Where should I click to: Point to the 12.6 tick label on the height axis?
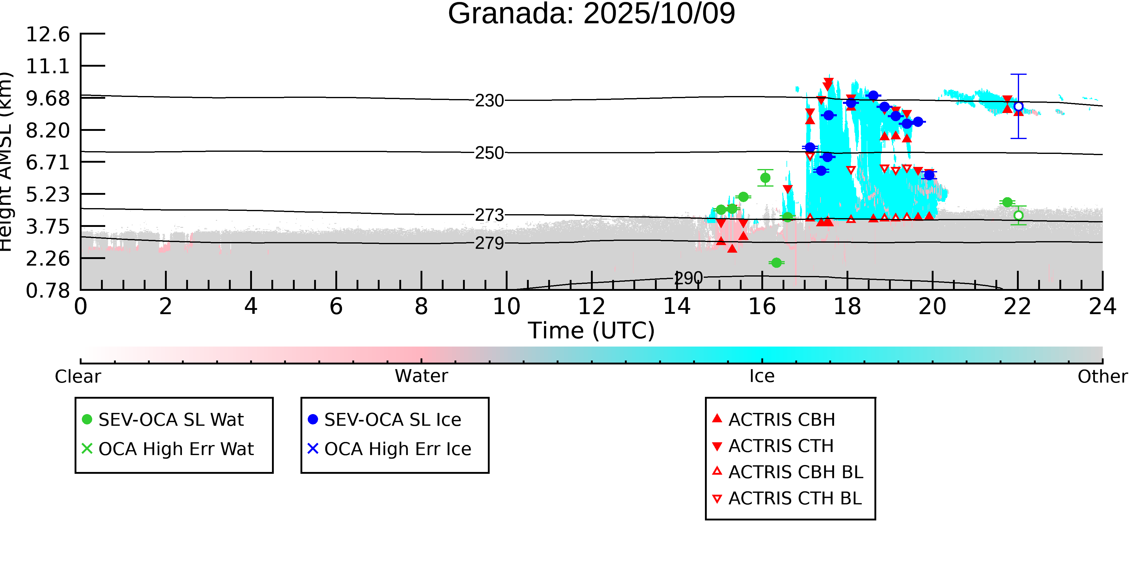pos(48,35)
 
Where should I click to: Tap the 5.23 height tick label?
pos(48,194)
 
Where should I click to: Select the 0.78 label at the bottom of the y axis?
pos(48,291)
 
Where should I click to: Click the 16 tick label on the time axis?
pos(762,307)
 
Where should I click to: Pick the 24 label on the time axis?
pos(1102,307)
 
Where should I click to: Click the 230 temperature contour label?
pos(489,101)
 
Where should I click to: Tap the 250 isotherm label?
pos(489,153)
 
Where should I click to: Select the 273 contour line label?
pos(489,215)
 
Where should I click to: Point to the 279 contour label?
pos(489,243)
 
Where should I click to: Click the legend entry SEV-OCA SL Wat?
pos(171,419)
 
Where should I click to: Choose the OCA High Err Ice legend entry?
pos(397,449)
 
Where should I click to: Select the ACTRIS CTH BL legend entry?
pos(794,498)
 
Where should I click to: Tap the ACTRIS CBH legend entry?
pos(781,419)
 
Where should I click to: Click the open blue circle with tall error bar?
pos(1018,106)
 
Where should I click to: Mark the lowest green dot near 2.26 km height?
pos(776,263)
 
